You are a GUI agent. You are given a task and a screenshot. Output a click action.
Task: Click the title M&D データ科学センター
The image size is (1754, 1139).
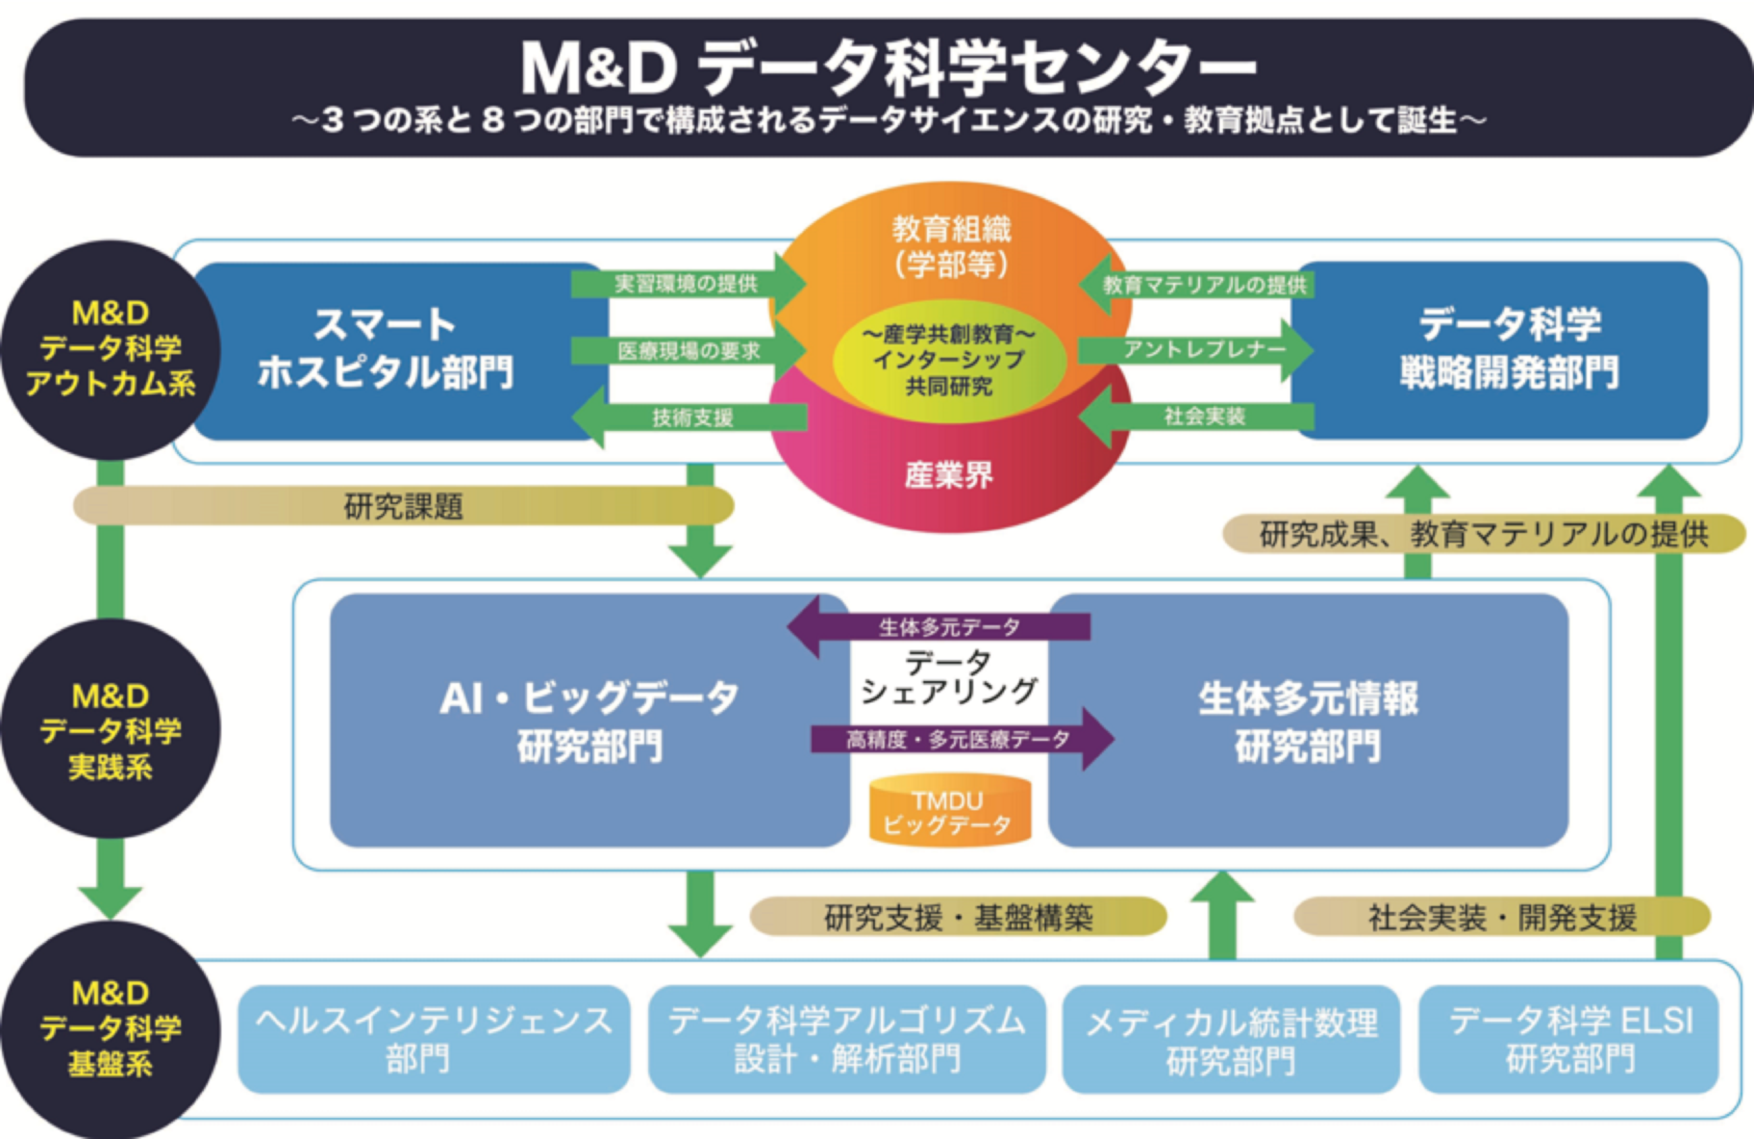pyautogui.click(x=888, y=68)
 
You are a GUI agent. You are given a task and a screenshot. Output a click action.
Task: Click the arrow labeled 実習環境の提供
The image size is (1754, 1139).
pyautogui.click(x=685, y=284)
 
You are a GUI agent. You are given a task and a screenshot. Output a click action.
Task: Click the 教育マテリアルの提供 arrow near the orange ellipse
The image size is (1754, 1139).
pyautogui.click(x=1201, y=284)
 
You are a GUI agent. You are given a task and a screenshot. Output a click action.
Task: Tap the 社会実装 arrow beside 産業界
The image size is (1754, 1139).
pyautogui.click(x=1201, y=416)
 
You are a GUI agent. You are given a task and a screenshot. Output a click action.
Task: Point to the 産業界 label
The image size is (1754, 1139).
pyautogui.click(x=949, y=475)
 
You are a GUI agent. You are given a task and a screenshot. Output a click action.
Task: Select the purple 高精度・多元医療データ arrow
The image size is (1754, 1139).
pyautogui.click(x=958, y=739)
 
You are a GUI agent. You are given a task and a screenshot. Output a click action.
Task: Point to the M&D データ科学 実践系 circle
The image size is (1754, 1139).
pyautogui.click(x=110, y=730)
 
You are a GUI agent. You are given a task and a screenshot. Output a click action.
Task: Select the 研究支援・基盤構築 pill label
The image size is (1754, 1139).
pyautogui.click(x=958, y=916)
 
